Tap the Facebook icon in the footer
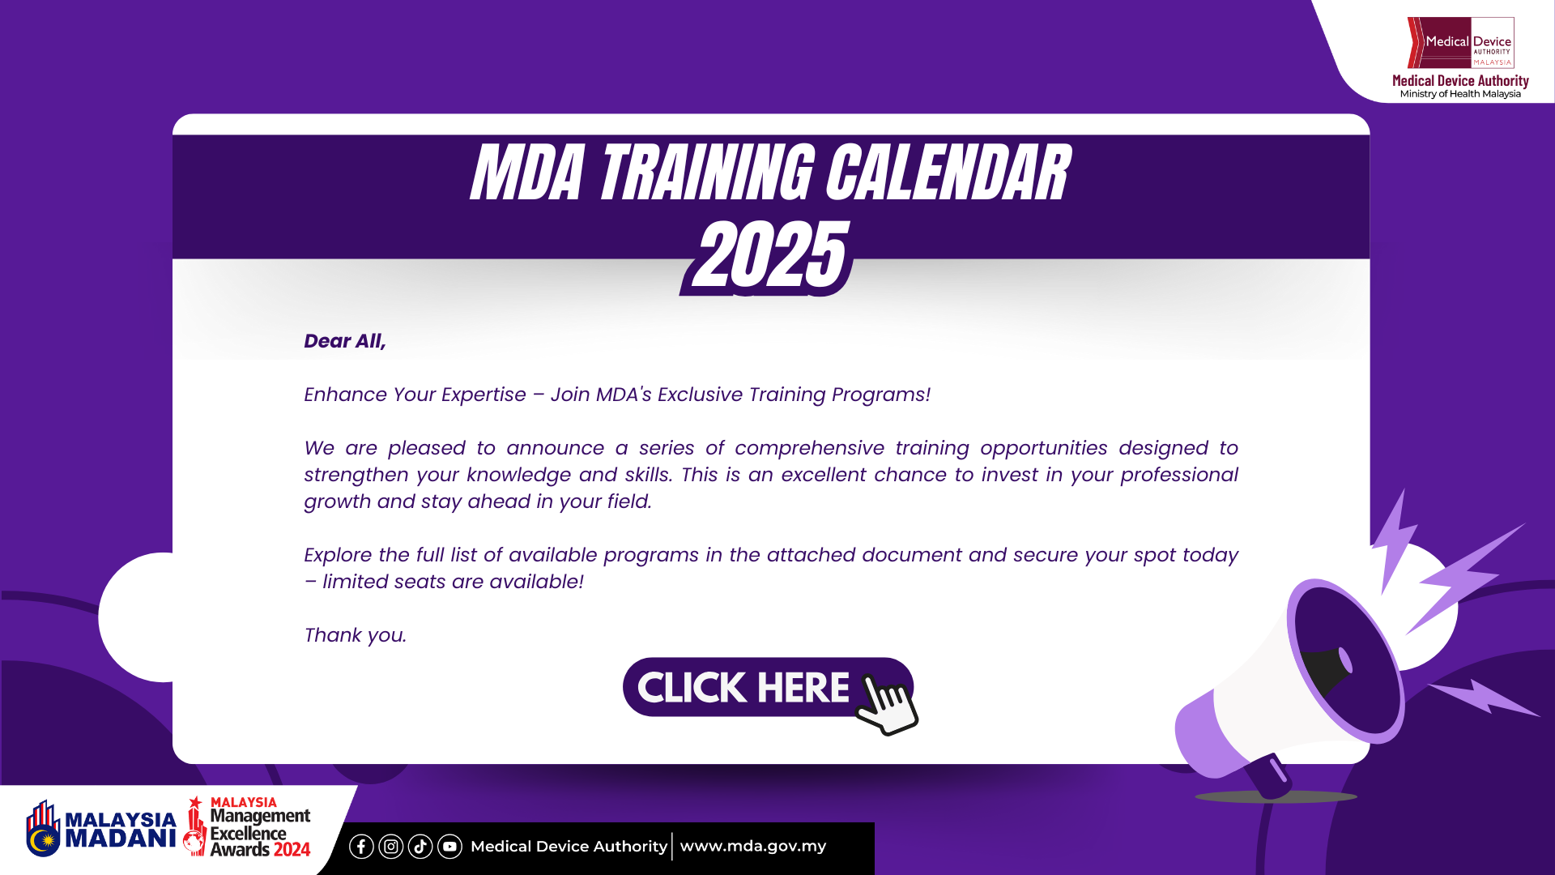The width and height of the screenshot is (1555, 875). point(361,847)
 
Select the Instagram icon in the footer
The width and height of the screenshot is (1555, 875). point(391,847)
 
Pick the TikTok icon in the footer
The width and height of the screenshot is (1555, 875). point(420,847)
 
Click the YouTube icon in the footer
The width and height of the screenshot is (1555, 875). point(449,847)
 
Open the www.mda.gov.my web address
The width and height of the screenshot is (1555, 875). point(752,847)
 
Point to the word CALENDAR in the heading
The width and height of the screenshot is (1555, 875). point(947,173)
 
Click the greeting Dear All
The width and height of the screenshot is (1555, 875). point(344,341)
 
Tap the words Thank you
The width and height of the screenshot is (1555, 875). point(355,635)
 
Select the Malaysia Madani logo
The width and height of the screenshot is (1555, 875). point(101,829)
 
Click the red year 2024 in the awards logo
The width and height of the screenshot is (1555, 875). point(291,850)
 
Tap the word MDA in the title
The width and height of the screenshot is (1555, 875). point(527,173)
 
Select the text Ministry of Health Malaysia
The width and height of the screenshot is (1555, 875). point(1460,94)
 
